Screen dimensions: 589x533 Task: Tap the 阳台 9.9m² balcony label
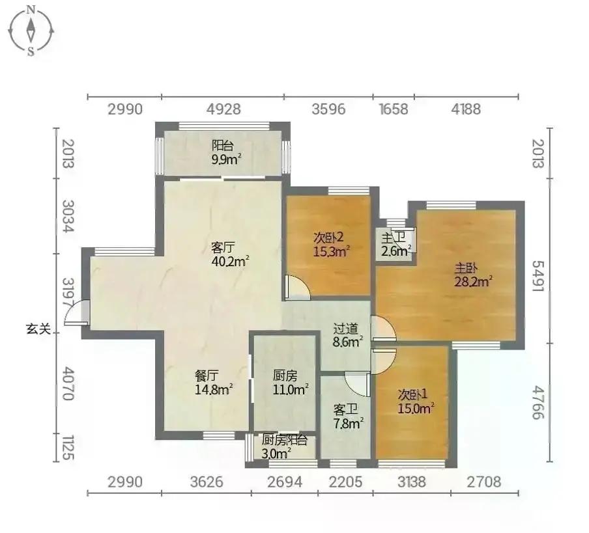226,152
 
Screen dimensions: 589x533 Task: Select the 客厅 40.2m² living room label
230,254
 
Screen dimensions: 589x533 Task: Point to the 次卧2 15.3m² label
332,244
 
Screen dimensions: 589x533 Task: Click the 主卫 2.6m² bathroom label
395,244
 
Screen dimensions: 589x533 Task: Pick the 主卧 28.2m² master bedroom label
473,275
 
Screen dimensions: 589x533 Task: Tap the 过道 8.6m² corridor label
348,335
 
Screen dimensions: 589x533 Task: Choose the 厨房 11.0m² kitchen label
291,383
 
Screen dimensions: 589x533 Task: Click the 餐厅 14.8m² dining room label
213,383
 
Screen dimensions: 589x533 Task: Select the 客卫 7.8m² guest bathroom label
348,417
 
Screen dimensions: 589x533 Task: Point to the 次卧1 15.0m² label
416,402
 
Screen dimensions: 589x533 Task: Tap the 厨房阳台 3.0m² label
284,446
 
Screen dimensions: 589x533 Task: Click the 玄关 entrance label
38,329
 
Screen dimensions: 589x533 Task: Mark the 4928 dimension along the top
223,109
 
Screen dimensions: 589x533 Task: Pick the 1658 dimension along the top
394,109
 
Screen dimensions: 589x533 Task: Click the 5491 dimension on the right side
538,276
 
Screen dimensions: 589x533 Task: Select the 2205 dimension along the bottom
345,482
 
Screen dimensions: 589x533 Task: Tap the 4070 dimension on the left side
68,383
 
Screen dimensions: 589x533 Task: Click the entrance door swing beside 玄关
77,312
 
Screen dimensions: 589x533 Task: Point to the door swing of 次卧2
297,287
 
